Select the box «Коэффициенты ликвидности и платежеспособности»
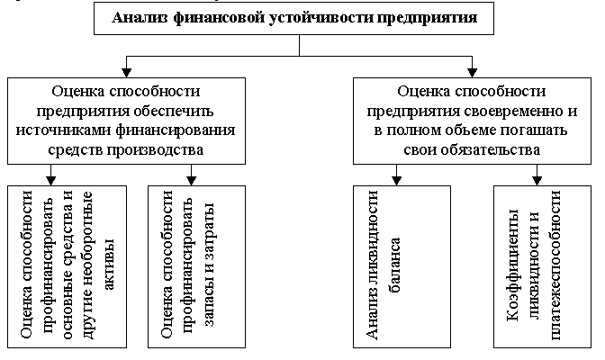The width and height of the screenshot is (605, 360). pos(538,266)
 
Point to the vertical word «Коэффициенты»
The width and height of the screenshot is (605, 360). pos(514,270)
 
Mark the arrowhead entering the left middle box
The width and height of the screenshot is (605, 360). pos(127,71)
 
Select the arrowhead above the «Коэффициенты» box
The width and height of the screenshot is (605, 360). pos(537,179)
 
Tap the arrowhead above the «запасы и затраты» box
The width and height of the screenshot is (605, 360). pos(193,179)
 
